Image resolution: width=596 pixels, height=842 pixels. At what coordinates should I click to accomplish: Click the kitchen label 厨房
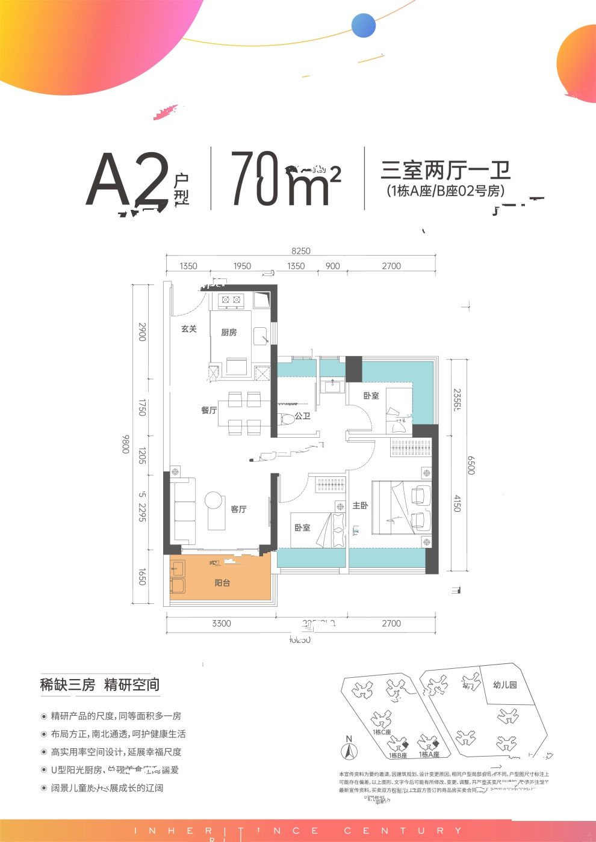(x=229, y=333)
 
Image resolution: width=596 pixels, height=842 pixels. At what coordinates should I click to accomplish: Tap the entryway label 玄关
(x=189, y=329)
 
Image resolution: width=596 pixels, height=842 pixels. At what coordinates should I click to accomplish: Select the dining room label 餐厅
(x=209, y=410)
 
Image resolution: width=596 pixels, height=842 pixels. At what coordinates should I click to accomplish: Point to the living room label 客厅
(x=238, y=509)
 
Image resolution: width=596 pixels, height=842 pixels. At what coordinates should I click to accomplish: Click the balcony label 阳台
(x=222, y=583)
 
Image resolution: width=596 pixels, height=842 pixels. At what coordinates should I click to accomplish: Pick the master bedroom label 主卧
(x=360, y=506)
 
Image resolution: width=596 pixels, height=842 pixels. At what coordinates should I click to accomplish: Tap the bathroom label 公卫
(x=302, y=416)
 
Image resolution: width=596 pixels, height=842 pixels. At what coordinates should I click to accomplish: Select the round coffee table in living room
(x=213, y=500)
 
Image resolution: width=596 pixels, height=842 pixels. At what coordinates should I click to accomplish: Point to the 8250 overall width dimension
(x=300, y=251)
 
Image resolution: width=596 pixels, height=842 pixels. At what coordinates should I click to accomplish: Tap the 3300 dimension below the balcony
(x=221, y=624)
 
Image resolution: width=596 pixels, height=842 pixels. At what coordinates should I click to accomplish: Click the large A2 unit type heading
(x=126, y=180)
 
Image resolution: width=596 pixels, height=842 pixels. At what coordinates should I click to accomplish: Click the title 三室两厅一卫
(x=445, y=170)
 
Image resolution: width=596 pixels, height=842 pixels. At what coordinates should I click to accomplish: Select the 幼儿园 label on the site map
(x=504, y=684)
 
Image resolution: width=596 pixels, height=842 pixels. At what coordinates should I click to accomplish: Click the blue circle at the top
(x=364, y=26)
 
